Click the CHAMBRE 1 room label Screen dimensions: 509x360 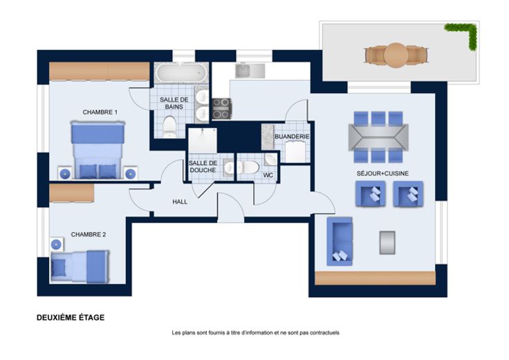coord(100,112)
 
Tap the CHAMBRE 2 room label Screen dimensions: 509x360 coord(89,234)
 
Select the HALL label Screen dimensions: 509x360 coord(180,202)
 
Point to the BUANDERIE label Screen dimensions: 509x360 coord(292,137)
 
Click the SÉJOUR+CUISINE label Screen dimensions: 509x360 coord(382,173)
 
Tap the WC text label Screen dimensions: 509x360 coord(268,176)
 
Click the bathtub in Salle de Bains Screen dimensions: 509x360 coord(181,73)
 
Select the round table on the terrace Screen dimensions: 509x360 coord(396,55)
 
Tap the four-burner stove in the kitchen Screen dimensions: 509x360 coord(222,108)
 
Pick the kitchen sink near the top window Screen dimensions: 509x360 coord(243,71)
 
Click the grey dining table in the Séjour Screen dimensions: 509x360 coord(378,137)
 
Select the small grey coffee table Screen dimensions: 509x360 coord(387,243)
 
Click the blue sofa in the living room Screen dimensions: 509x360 coord(340,241)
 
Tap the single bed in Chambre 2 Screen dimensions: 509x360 coord(80,267)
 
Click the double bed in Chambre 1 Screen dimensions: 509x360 coord(98,150)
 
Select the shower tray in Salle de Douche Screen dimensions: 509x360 coord(203,140)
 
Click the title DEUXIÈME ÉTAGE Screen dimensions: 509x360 coord(71,318)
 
